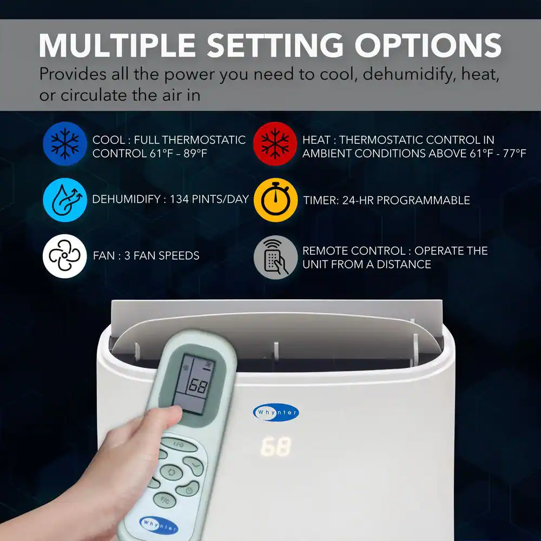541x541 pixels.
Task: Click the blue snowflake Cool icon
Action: tap(65, 144)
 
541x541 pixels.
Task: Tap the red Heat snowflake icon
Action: tap(275, 144)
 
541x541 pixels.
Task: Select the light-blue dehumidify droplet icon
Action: tap(65, 200)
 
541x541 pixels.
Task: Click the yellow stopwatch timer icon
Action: tap(275, 200)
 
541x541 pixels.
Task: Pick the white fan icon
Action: tap(65, 256)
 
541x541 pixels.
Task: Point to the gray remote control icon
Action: tap(275, 258)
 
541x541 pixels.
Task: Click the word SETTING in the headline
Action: tap(275, 45)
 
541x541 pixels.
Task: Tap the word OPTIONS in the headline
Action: tap(428, 45)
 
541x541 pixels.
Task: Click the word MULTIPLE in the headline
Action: tap(117, 45)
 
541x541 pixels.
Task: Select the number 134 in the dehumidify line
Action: tap(179, 199)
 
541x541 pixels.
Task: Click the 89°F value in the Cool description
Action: tap(195, 153)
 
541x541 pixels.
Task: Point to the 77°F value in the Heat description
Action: tap(514, 153)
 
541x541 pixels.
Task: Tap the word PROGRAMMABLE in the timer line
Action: tap(423, 200)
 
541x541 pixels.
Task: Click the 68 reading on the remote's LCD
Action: tap(197, 386)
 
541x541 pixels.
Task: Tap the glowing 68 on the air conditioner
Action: tap(276, 447)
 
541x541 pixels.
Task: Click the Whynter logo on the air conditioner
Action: tap(276, 412)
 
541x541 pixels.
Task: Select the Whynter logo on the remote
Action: tap(159, 525)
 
